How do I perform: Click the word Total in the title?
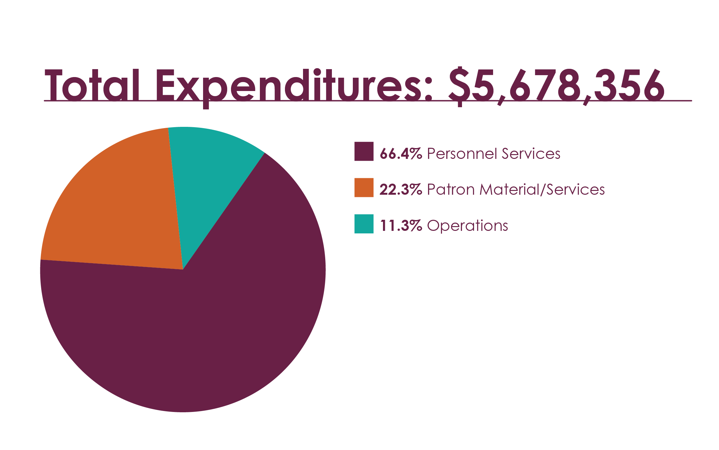pyautogui.click(x=92, y=85)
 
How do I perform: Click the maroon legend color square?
pyautogui.click(x=364, y=152)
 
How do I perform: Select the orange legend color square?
pyautogui.click(x=364, y=188)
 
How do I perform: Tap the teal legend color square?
pyautogui.click(x=364, y=224)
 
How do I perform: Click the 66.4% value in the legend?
pyautogui.click(x=401, y=154)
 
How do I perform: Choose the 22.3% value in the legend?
pyautogui.click(x=401, y=190)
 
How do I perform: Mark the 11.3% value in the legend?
pyautogui.click(x=401, y=226)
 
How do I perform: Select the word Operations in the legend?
pyautogui.click(x=468, y=226)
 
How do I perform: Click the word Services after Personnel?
pyautogui.click(x=531, y=154)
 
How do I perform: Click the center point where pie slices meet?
pyautogui.click(x=183, y=269)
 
